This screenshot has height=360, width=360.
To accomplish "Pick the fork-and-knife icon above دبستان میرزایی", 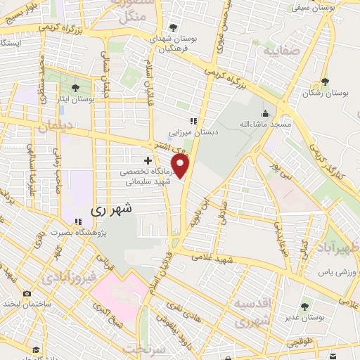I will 193,122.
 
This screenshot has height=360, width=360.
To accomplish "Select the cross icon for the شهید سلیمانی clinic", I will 148,162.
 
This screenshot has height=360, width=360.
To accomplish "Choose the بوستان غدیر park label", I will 304,318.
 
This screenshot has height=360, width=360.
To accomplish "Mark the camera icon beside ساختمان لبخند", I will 27,293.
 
